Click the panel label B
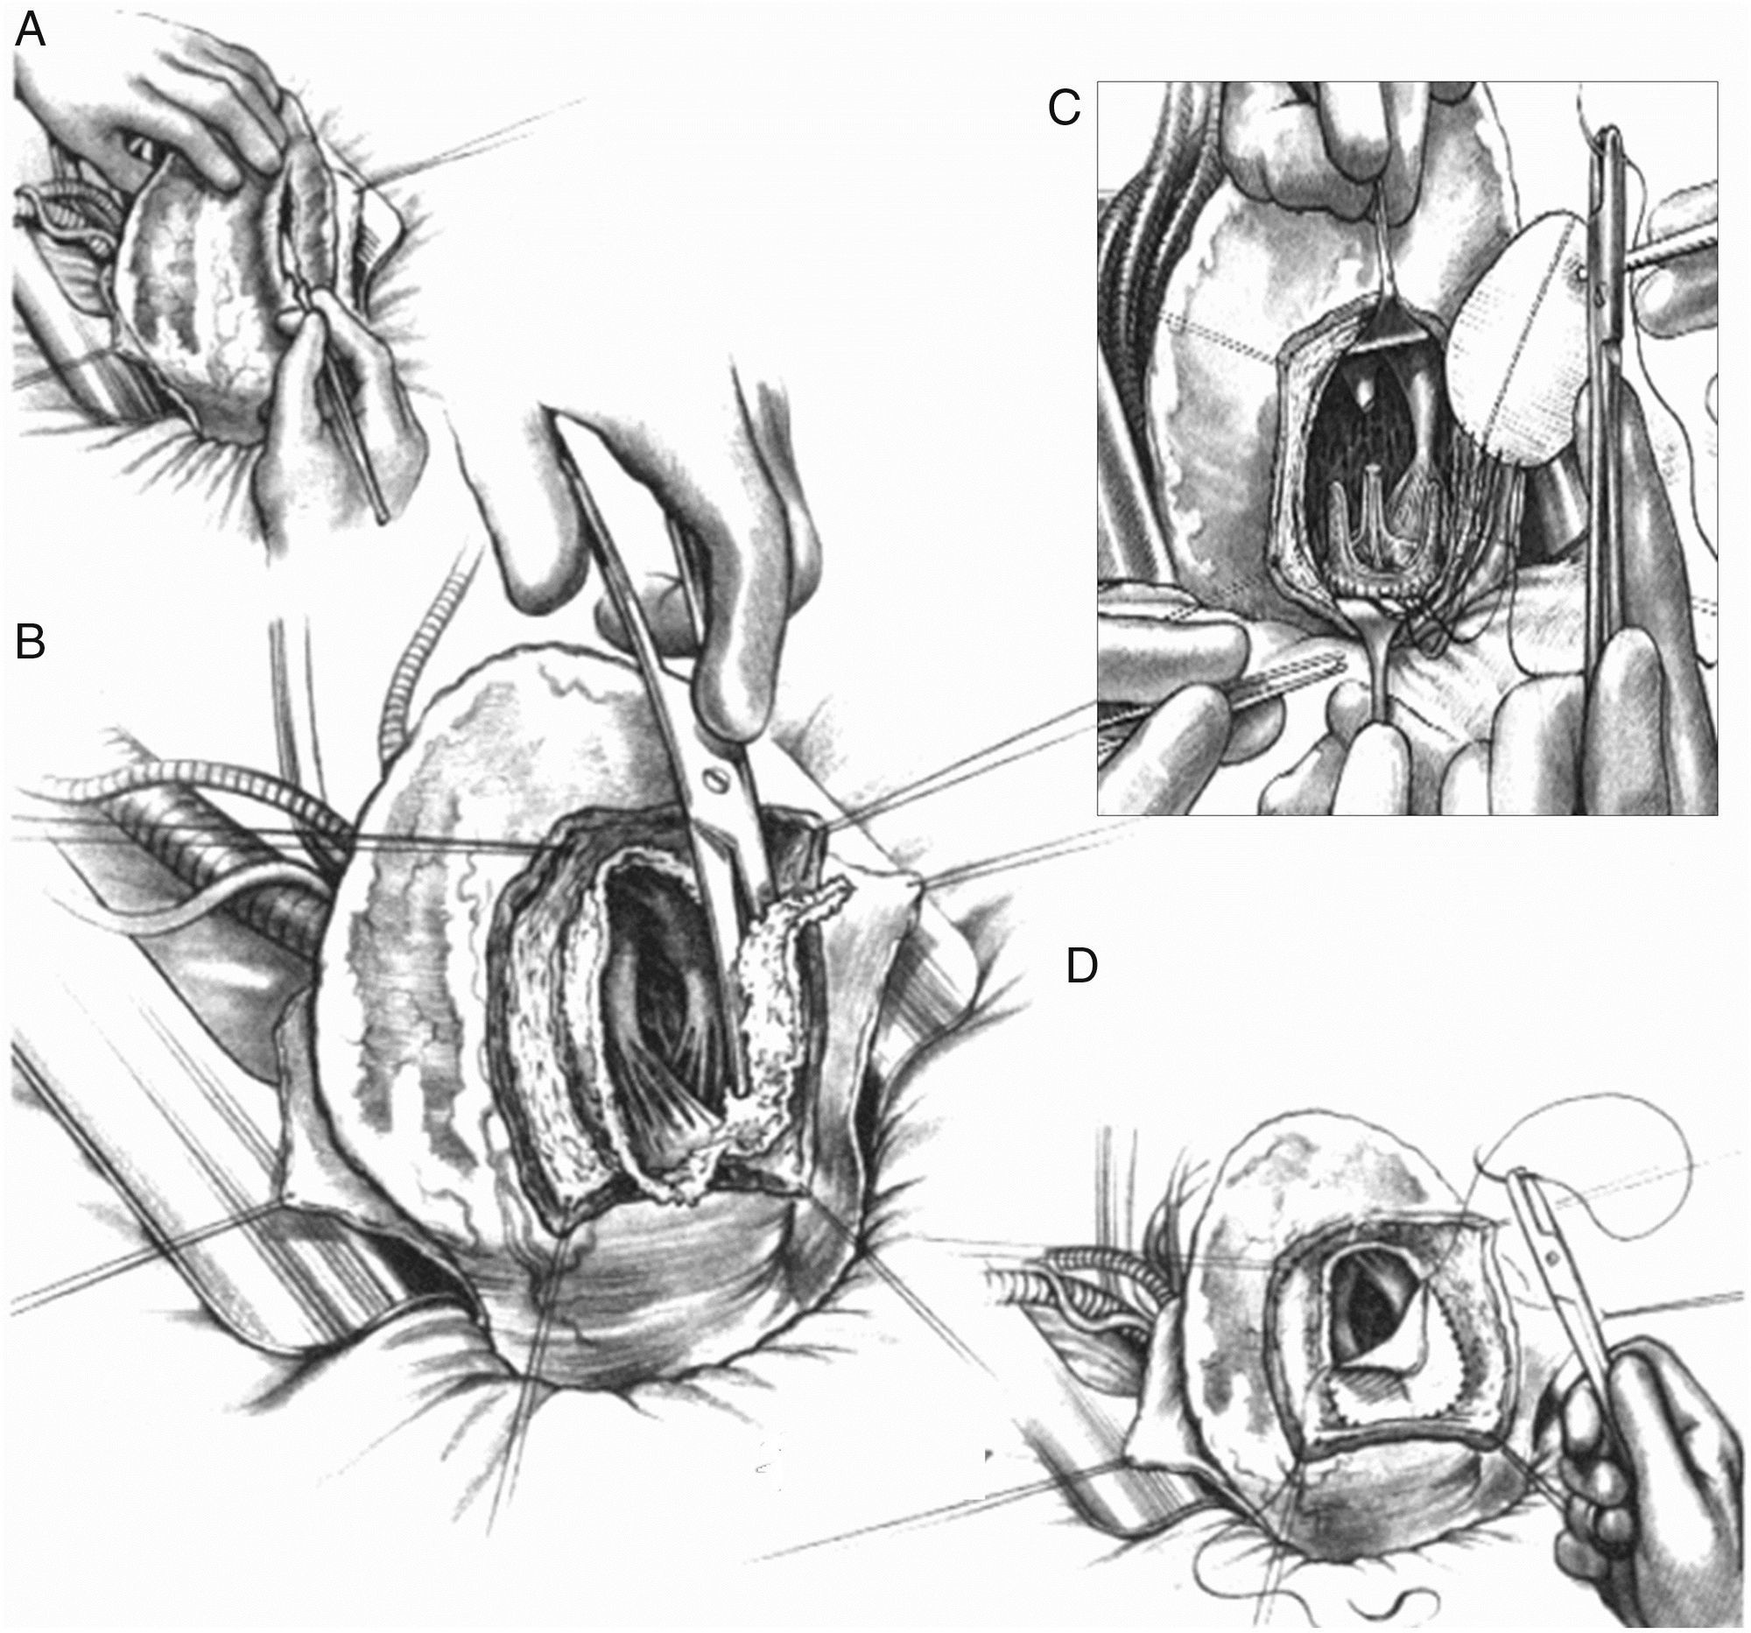pos(31,644)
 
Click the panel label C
pos(1064,109)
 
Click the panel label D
pos(1082,968)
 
